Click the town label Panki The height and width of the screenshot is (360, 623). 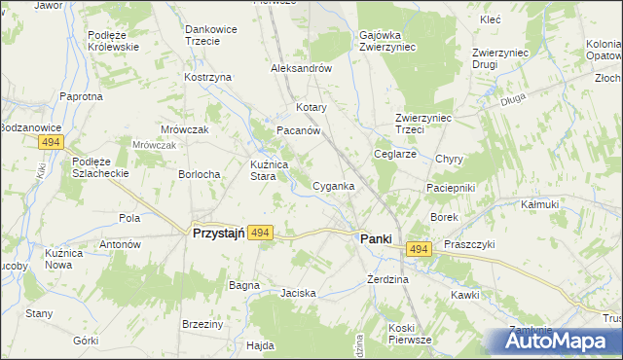pos(376,238)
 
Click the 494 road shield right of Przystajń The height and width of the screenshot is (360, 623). pos(259,234)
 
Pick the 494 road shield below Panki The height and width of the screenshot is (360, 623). pos(419,251)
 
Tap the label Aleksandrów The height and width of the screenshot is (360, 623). pos(302,69)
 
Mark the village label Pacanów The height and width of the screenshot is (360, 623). pos(299,130)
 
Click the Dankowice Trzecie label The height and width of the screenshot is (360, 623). pos(212,35)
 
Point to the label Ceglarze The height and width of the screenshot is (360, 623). pos(396,154)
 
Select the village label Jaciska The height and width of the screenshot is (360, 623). pos(298,292)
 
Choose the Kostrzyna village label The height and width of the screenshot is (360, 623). pos(207,77)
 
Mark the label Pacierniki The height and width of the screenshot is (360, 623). pos(449,186)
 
